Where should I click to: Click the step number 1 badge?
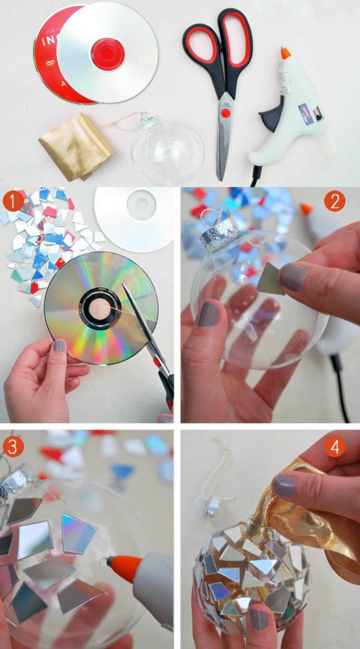pyautogui.click(x=13, y=201)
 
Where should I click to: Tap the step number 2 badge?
pyautogui.click(x=334, y=201)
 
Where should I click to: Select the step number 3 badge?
pyautogui.click(x=13, y=447)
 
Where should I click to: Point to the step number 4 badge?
pyautogui.click(x=334, y=447)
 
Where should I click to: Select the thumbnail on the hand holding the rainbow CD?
pyautogui.click(x=60, y=345)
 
